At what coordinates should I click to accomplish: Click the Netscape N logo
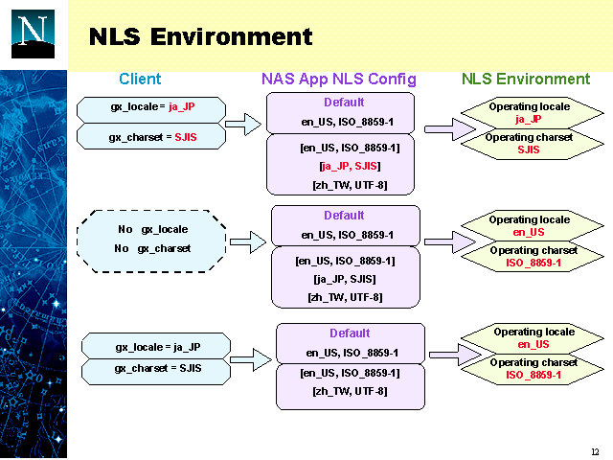coord(34,34)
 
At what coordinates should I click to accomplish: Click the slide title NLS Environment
coord(200,37)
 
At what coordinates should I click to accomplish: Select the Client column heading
coord(140,80)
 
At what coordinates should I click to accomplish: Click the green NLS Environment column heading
coord(526,80)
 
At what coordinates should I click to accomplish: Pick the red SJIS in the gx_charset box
coord(186,138)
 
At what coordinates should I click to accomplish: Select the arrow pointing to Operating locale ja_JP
coord(442,128)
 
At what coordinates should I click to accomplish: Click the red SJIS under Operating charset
coord(529,149)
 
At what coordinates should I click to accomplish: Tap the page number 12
coord(595,451)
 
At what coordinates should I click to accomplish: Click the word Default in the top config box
coord(344,103)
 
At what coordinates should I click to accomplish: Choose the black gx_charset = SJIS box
coord(152,369)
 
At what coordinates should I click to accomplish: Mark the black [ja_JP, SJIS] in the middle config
coord(345,279)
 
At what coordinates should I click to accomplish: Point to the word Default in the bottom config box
coord(350,333)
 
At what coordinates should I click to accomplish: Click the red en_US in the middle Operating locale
coord(529,232)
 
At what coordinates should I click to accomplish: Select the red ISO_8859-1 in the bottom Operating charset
coord(534,375)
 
